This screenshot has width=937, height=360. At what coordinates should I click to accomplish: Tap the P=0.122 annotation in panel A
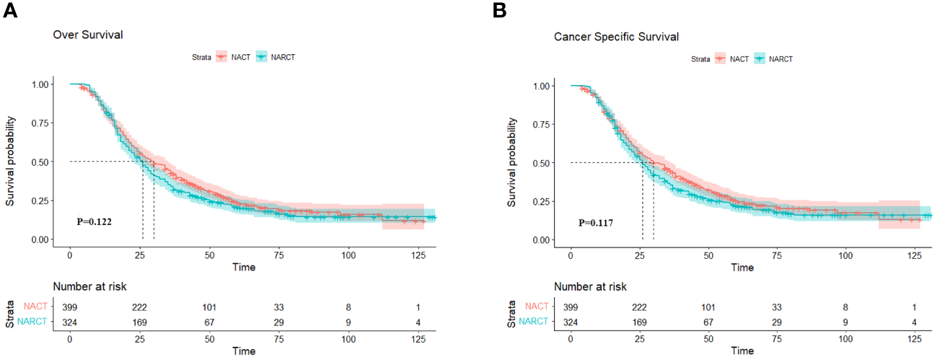[x=94, y=221]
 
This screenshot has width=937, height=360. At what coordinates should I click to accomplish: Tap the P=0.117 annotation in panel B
[x=596, y=223]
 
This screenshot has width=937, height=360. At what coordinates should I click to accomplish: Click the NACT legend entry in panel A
[x=238, y=56]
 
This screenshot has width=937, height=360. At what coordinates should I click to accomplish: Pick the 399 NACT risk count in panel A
[x=70, y=307]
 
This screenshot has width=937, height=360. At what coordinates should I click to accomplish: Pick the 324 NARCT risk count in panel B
[x=571, y=321]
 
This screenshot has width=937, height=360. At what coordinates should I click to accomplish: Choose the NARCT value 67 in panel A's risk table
[x=209, y=321]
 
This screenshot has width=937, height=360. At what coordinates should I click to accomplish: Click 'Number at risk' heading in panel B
[x=591, y=286]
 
